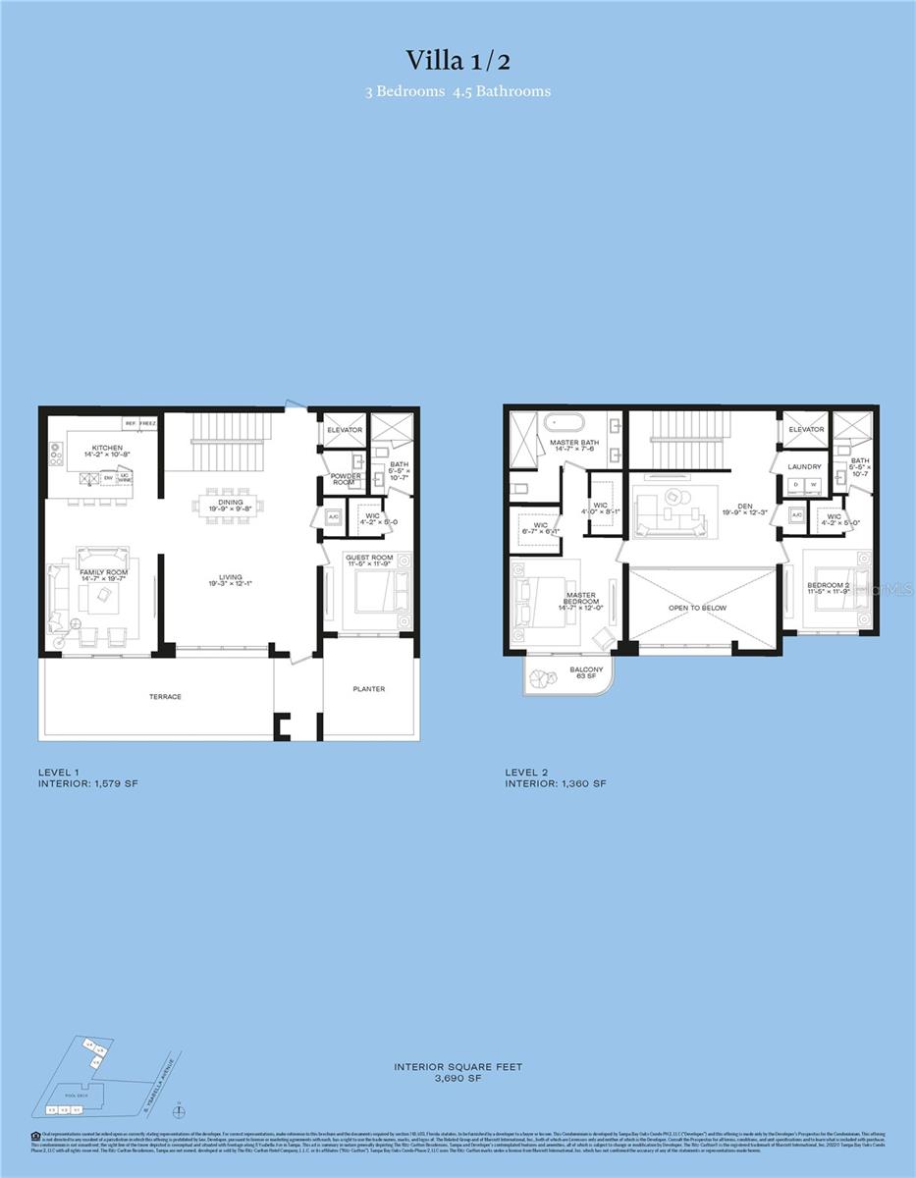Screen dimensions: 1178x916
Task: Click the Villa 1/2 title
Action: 457,60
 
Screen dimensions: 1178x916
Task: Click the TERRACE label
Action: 165,697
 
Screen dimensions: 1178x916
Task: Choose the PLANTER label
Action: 368,689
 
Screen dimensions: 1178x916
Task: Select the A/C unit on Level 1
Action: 333,517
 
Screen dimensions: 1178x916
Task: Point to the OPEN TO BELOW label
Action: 698,609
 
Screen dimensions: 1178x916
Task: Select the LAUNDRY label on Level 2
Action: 804,467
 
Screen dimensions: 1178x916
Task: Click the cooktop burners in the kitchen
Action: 54,454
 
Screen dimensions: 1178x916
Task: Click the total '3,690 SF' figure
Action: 458,1078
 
